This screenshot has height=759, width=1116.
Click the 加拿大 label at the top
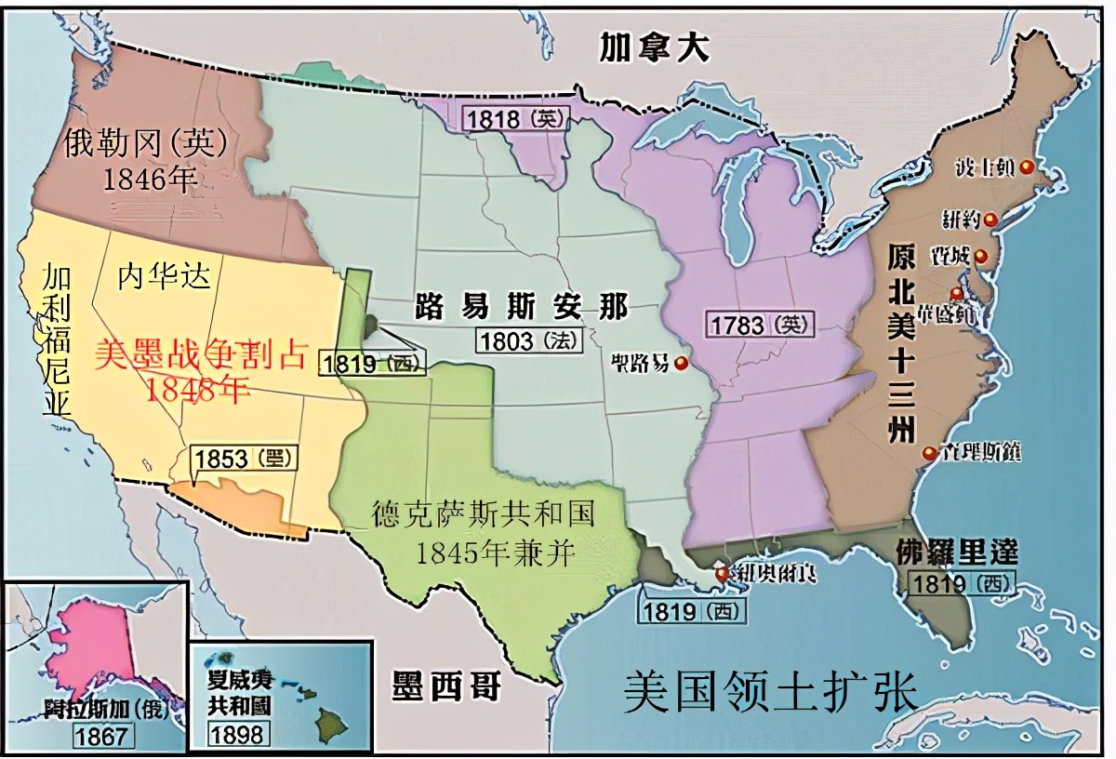[x=654, y=47]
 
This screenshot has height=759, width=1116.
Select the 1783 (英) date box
[x=761, y=325]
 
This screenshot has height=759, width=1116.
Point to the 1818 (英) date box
[x=509, y=119]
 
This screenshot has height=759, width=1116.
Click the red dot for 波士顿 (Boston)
[x=1026, y=166]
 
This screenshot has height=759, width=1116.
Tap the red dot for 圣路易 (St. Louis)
[x=682, y=362]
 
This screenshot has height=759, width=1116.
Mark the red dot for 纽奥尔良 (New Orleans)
[x=722, y=574]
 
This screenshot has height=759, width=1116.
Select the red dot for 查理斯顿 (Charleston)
[x=928, y=453]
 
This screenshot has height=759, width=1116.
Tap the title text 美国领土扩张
[x=770, y=693]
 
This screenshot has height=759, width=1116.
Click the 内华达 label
[x=165, y=275]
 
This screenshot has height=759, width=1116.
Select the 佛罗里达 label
[x=958, y=553]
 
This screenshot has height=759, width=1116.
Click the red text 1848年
[x=197, y=390]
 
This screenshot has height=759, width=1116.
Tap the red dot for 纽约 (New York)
[x=991, y=220]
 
